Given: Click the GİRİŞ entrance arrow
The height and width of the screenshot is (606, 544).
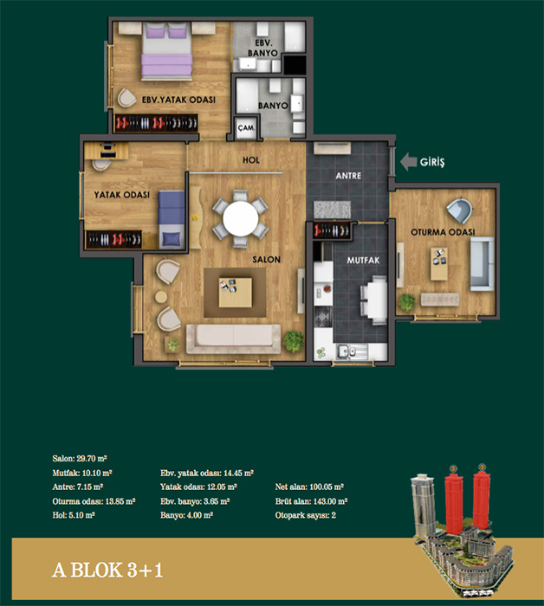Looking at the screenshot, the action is [x=408, y=162].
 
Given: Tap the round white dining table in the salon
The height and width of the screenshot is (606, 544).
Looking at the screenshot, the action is [x=241, y=218].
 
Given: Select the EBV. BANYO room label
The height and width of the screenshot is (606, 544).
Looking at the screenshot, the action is [x=262, y=48].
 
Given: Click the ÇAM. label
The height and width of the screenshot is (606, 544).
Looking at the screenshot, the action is [x=246, y=127].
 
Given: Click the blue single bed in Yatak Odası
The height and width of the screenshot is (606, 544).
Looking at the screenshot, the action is [x=171, y=219].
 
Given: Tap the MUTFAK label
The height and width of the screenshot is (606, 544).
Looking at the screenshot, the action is [x=363, y=261].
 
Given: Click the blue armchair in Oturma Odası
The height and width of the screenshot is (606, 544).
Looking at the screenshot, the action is [x=459, y=210].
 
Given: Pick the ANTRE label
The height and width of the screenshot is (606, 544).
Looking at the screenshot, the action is [x=348, y=176].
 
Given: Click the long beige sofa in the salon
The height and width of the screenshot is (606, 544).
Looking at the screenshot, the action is [x=233, y=339].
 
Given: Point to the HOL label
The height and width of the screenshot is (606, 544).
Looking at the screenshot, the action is [x=251, y=160].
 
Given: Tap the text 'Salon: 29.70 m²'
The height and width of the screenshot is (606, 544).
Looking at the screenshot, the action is [x=80, y=459].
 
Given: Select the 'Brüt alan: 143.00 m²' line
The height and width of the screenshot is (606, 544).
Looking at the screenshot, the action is [x=311, y=501].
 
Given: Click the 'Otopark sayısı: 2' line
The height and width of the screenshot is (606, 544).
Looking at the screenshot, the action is [x=306, y=515].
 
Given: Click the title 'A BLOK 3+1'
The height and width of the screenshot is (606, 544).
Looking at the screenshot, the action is [x=107, y=570].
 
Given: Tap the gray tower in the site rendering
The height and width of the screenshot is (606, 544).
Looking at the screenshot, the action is [x=423, y=506].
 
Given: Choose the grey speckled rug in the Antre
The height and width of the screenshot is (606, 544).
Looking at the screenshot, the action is [x=332, y=210].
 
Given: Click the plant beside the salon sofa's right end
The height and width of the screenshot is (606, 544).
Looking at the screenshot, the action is [x=294, y=341].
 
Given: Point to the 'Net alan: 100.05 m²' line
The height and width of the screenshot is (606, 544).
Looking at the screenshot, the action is [x=309, y=487].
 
